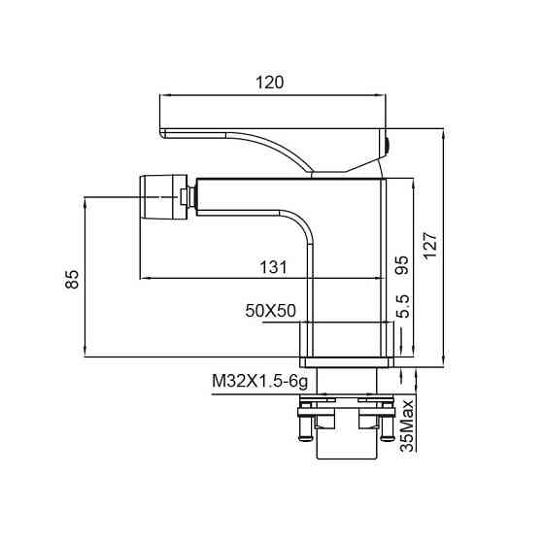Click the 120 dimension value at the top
point(270,83)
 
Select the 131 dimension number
point(273,267)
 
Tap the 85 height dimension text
point(72,279)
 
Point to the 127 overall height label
point(430,245)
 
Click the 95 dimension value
point(402,265)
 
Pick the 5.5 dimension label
point(403,306)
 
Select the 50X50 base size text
point(270,311)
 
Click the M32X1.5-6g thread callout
point(260,381)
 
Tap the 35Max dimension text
point(407,425)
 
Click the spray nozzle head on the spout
point(163,197)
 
